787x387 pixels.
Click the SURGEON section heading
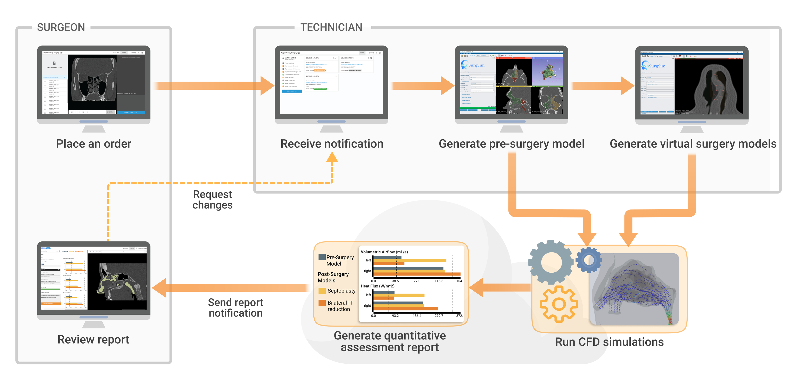(x=61, y=27)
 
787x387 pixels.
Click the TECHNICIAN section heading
(x=331, y=27)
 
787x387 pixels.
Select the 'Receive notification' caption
(x=332, y=143)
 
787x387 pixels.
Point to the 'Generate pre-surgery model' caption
(x=511, y=143)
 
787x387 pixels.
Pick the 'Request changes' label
(x=213, y=199)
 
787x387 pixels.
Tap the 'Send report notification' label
(x=235, y=308)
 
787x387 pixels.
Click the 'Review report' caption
(x=93, y=339)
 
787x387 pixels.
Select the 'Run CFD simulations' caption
(x=609, y=342)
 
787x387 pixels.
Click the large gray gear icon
(x=551, y=262)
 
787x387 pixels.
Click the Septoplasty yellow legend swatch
(x=322, y=291)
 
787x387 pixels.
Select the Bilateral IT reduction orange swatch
(x=322, y=303)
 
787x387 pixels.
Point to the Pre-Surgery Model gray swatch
(x=322, y=257)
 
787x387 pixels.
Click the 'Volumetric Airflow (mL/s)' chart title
(x=384, y=252)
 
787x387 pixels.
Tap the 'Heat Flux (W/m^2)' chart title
(x=377, y=286)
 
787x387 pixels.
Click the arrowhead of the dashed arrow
(x=332, y=157)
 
